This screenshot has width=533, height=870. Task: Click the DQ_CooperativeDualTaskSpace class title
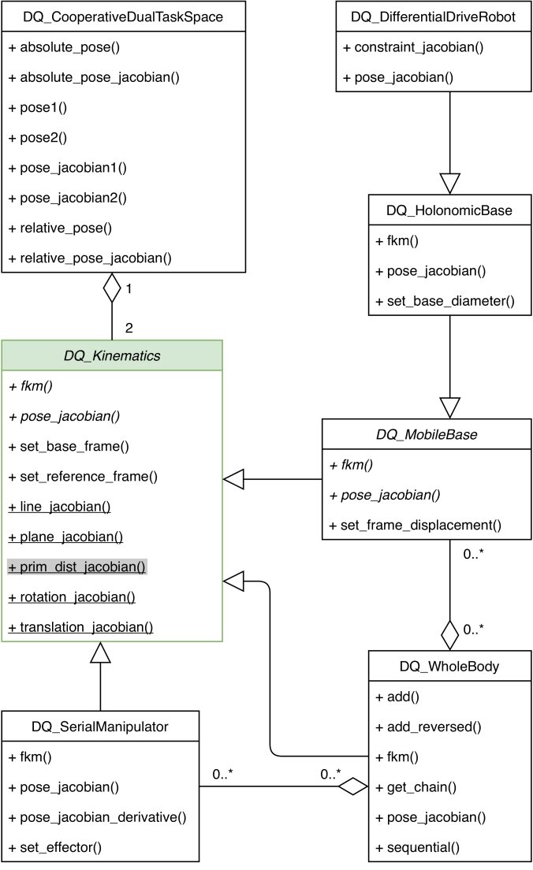click(x=112, y=17)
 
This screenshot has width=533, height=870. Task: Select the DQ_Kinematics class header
click(x=112, y=356)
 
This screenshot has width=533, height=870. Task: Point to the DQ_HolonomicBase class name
click(x=449, y=210)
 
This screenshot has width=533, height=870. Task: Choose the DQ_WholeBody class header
click(x=449, y=667)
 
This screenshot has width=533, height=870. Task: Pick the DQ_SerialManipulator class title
click(x=101, y=726)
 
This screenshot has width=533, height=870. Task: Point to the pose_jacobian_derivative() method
click(x=97, y=816)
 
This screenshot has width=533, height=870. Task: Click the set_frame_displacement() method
click(x=416, y=525)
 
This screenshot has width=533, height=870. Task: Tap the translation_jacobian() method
click(x=80, y=627)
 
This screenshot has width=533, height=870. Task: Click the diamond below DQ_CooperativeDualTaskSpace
click(x=112, y=288)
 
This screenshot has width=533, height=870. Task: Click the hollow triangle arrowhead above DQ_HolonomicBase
click(x=449, y=183)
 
